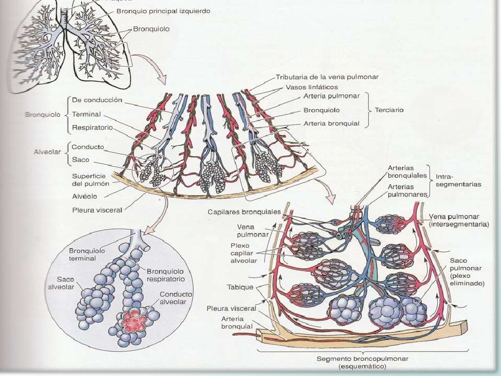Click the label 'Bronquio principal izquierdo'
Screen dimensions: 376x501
click(163, 11)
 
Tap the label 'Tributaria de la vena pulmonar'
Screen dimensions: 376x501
click(327, 77)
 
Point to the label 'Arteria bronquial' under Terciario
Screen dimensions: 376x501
click(331, 124)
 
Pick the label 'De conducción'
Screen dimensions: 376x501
click(97, 100)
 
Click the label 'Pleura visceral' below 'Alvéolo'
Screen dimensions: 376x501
click(97, 210)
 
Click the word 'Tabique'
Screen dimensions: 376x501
click(240, 287)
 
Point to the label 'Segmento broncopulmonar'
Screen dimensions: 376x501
click(362, 359)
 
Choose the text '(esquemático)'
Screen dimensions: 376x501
click(362, 366)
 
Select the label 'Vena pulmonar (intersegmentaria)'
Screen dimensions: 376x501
click(458, 220)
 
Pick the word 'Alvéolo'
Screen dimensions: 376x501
click(84, 196)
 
